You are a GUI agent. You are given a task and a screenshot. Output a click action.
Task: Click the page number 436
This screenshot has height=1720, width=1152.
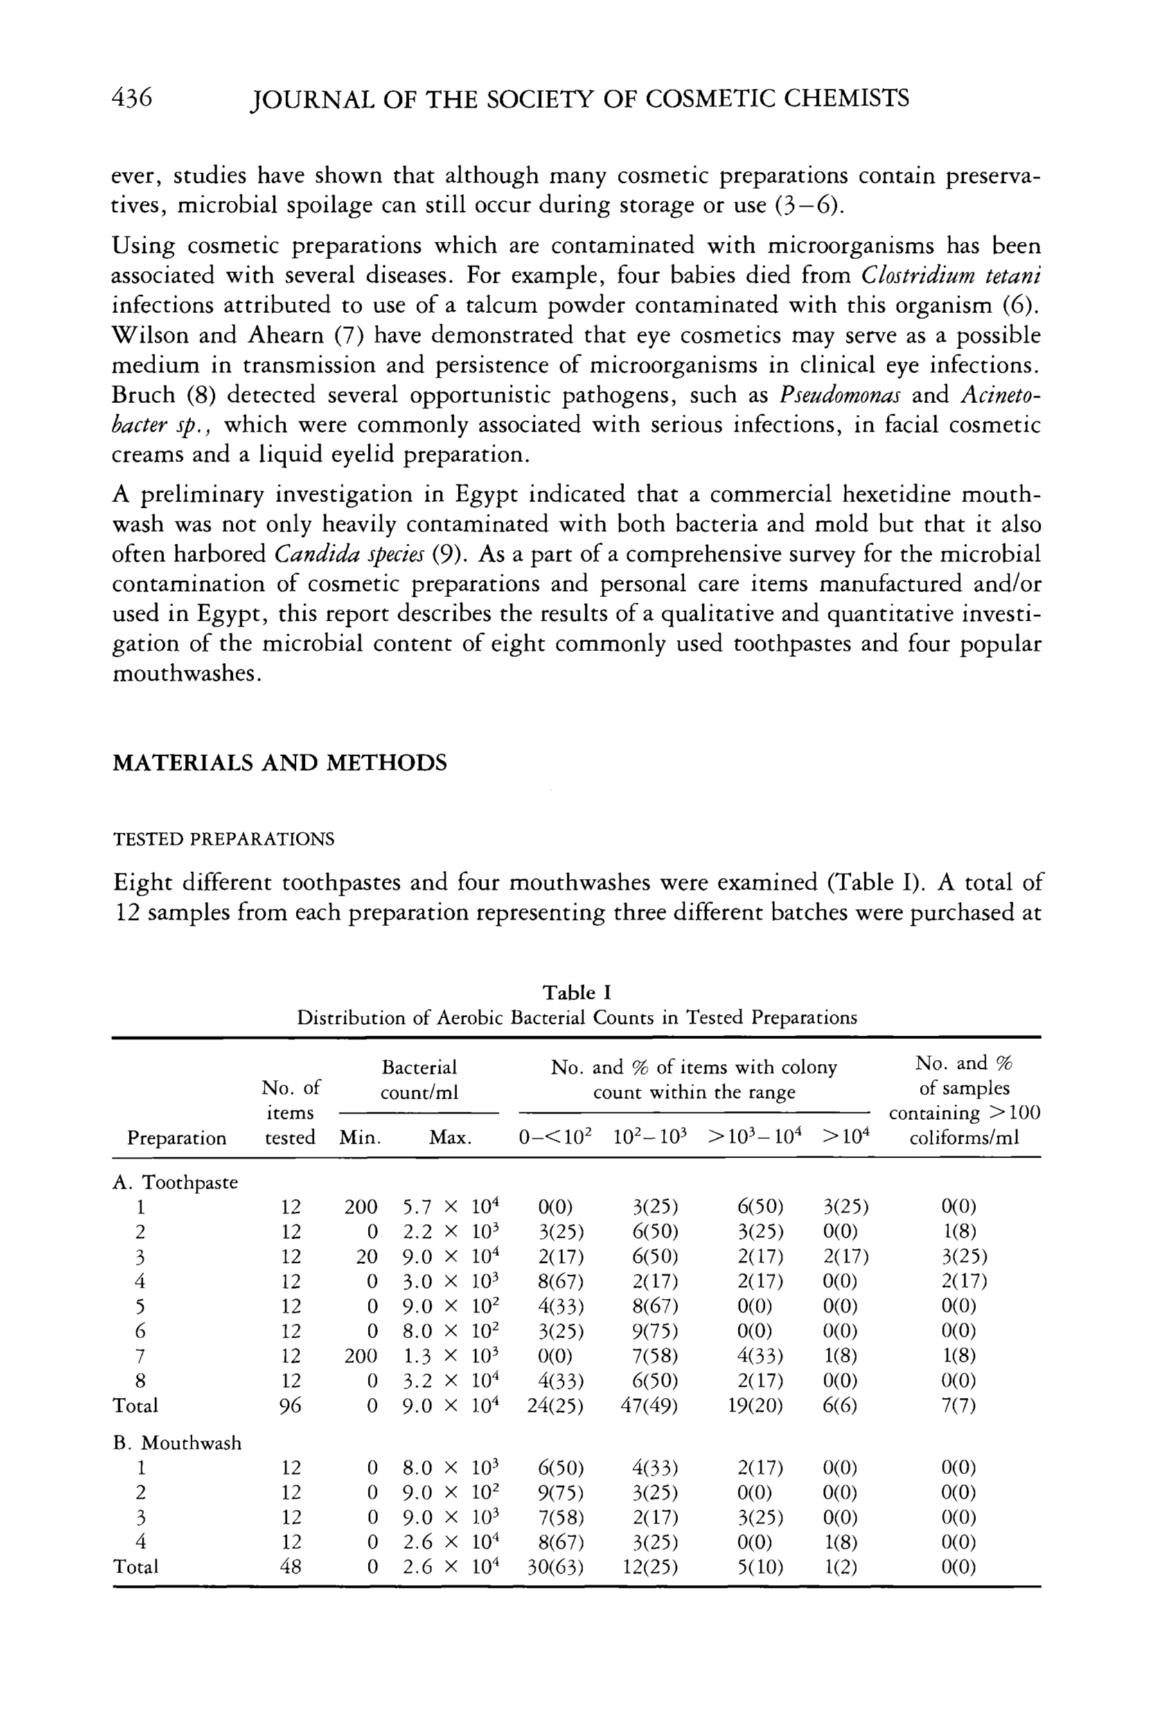pos(132,97)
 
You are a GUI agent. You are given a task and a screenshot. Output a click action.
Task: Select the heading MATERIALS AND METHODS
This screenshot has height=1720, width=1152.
pos(279,763)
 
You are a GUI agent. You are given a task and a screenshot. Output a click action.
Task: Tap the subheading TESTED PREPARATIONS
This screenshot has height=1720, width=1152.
pos(223,839)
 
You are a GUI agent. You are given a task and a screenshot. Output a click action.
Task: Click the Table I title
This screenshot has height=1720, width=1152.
pos(577,993)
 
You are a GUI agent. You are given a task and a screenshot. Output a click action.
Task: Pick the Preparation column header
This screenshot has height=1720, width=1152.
pos(177,1138)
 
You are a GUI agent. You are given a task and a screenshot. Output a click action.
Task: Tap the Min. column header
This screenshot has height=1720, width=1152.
pos(360,1138)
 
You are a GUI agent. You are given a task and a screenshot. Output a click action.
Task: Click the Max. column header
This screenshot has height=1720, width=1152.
pos(450,1138)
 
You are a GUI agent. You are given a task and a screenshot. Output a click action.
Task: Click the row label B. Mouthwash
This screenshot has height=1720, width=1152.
pos(177,1443)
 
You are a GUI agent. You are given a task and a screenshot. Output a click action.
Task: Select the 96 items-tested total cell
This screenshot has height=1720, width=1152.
pos(291,1406)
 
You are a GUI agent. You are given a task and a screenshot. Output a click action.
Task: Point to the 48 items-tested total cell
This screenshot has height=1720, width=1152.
pos(291,1566)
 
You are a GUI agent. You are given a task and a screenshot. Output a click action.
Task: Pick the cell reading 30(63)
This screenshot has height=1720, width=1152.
pos(556,1566)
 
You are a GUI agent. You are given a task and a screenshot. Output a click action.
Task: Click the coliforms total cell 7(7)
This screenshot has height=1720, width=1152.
pos(959,1406)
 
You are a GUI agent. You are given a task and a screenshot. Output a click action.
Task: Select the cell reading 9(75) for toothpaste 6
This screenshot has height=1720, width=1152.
pos(655,1331)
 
